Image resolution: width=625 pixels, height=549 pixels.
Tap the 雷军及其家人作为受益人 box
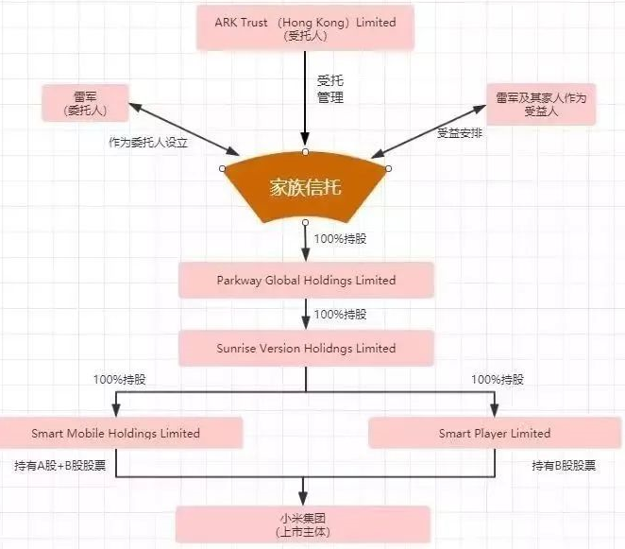point(541,103)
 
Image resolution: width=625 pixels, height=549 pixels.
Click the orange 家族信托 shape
point(305,187)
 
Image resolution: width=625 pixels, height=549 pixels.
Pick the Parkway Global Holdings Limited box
point(306,281)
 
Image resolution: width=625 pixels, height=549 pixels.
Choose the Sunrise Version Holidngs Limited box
point(306,348)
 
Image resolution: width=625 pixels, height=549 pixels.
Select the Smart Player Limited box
point(494,434)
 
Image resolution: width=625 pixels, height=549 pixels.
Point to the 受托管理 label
point(329,89)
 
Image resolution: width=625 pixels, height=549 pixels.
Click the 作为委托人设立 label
point(148,144)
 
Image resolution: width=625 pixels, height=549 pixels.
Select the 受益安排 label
point(460,133)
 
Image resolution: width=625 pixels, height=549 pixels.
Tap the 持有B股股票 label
point(564,466)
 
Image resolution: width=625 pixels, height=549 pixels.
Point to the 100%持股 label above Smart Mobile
point(119,380)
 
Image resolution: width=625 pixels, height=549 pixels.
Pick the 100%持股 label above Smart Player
point(498,380)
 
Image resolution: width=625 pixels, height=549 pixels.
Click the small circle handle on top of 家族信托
point(304,151)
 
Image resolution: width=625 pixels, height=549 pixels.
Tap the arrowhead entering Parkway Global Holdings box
point(305,256)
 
